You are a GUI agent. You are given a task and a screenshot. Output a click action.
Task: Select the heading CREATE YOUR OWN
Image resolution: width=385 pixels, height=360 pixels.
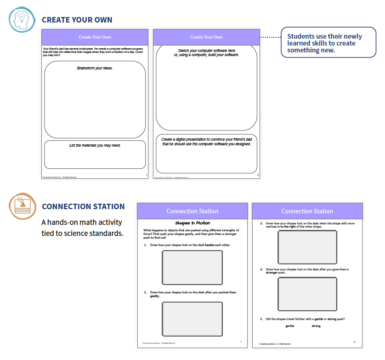pos(77,20)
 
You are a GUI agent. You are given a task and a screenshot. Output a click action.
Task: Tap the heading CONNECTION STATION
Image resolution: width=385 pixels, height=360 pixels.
pos(83,206)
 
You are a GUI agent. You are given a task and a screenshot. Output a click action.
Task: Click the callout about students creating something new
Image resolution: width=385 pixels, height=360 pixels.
pos(328,43)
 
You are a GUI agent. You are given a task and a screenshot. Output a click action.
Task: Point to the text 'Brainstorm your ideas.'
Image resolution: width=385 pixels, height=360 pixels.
pos(95,68)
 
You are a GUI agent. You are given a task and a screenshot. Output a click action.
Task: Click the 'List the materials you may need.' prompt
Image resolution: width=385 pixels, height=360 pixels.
pos(95,146)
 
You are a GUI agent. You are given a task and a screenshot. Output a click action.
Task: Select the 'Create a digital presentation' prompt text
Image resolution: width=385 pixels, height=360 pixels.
pos(206,142)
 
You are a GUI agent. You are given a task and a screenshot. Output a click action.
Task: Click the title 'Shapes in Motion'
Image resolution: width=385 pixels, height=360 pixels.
pos(192,223)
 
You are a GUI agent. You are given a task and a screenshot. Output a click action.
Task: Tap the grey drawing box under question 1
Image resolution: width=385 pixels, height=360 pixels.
pos(192,268)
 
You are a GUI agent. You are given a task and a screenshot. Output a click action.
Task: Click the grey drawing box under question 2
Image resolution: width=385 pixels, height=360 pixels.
pos(192,319)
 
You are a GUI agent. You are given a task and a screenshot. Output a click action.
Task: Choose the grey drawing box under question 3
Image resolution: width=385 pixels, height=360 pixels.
pos(307,247)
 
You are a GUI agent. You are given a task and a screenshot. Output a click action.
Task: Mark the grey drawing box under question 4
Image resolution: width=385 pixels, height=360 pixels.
pos(307,294)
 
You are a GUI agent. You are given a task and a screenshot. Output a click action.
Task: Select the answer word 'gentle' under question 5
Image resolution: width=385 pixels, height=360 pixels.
pos(289,326)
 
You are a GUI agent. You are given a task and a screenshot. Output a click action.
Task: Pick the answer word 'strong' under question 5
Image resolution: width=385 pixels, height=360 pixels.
pos(316,326)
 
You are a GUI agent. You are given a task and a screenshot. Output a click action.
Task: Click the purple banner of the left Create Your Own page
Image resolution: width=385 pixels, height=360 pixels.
pos(95,37)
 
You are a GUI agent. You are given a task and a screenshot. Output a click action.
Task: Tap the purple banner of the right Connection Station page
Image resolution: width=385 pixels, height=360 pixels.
pos(307,211)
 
